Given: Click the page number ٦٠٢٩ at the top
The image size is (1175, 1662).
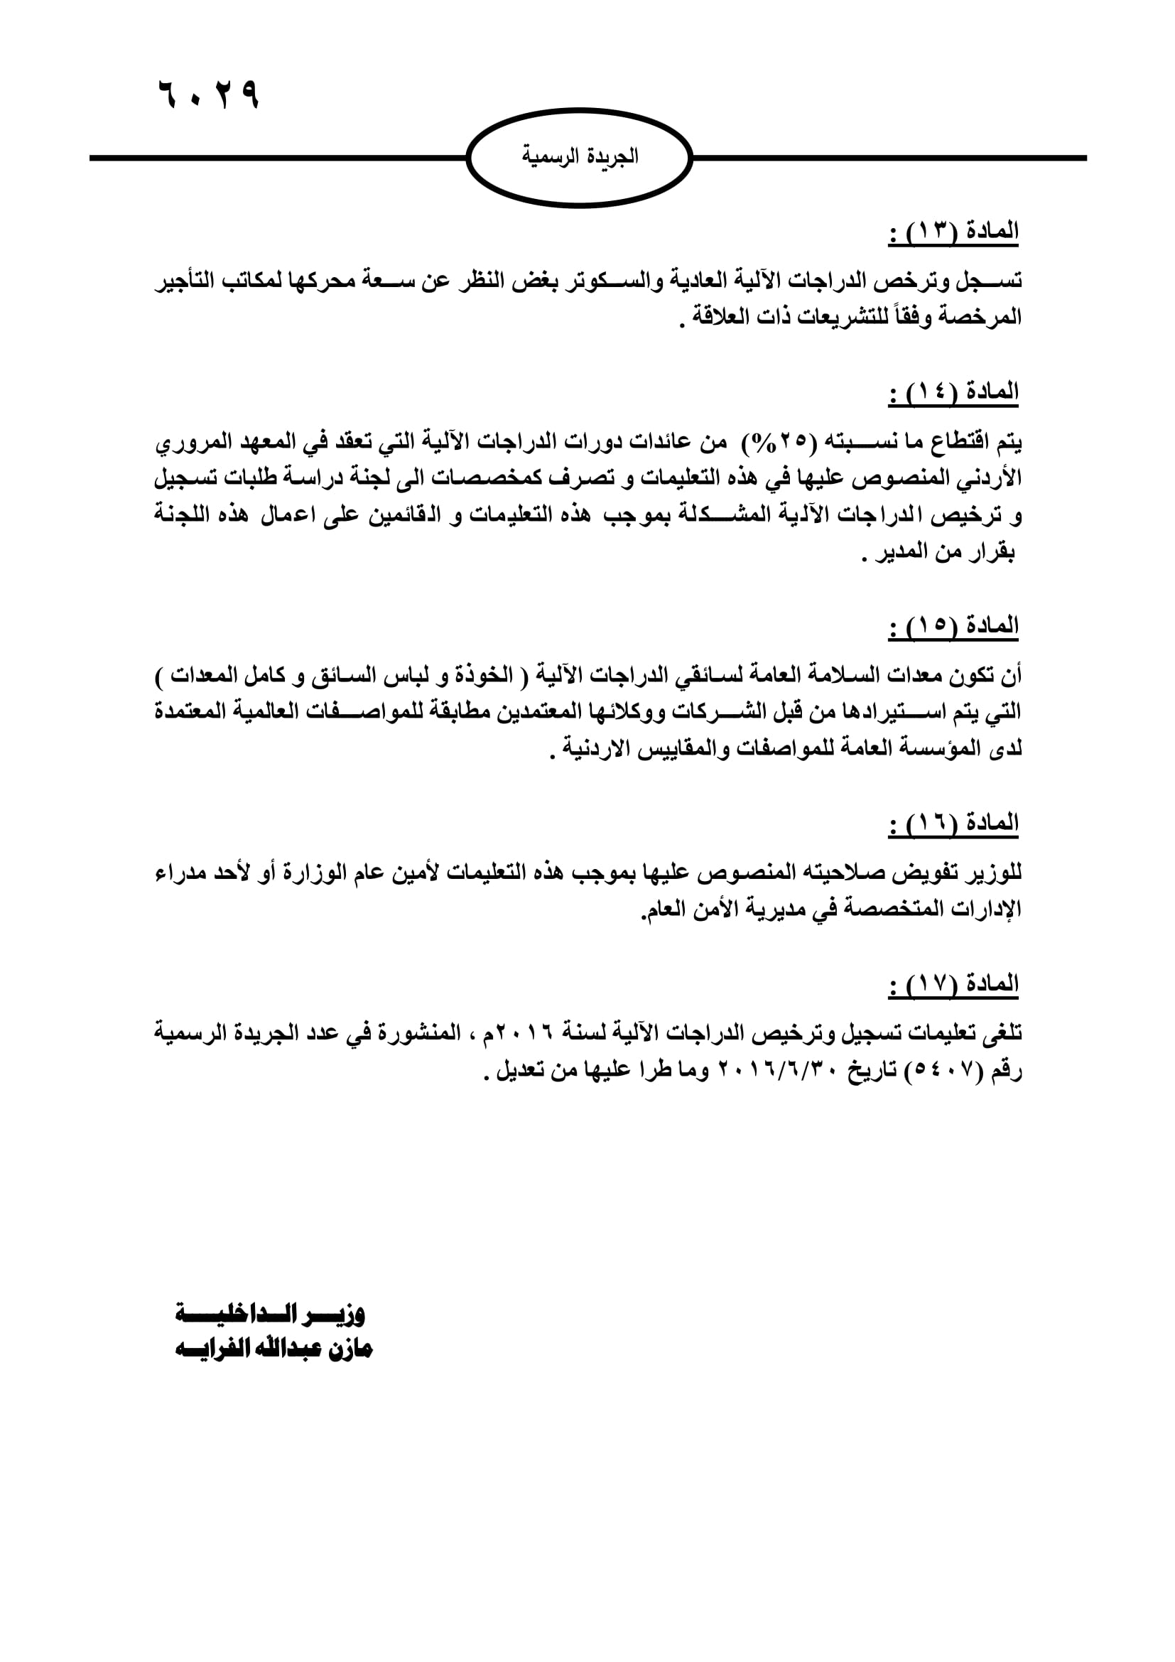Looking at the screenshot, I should (208, 94).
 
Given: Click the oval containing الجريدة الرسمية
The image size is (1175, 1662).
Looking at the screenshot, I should (580, 157).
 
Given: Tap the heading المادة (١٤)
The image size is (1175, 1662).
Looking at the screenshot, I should (953, 392).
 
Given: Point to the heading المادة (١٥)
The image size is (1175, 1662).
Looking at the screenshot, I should (953, 625).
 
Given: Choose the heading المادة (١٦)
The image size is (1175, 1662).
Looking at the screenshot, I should (953, 823).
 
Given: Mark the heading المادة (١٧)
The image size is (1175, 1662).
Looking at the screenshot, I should (953, 983).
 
